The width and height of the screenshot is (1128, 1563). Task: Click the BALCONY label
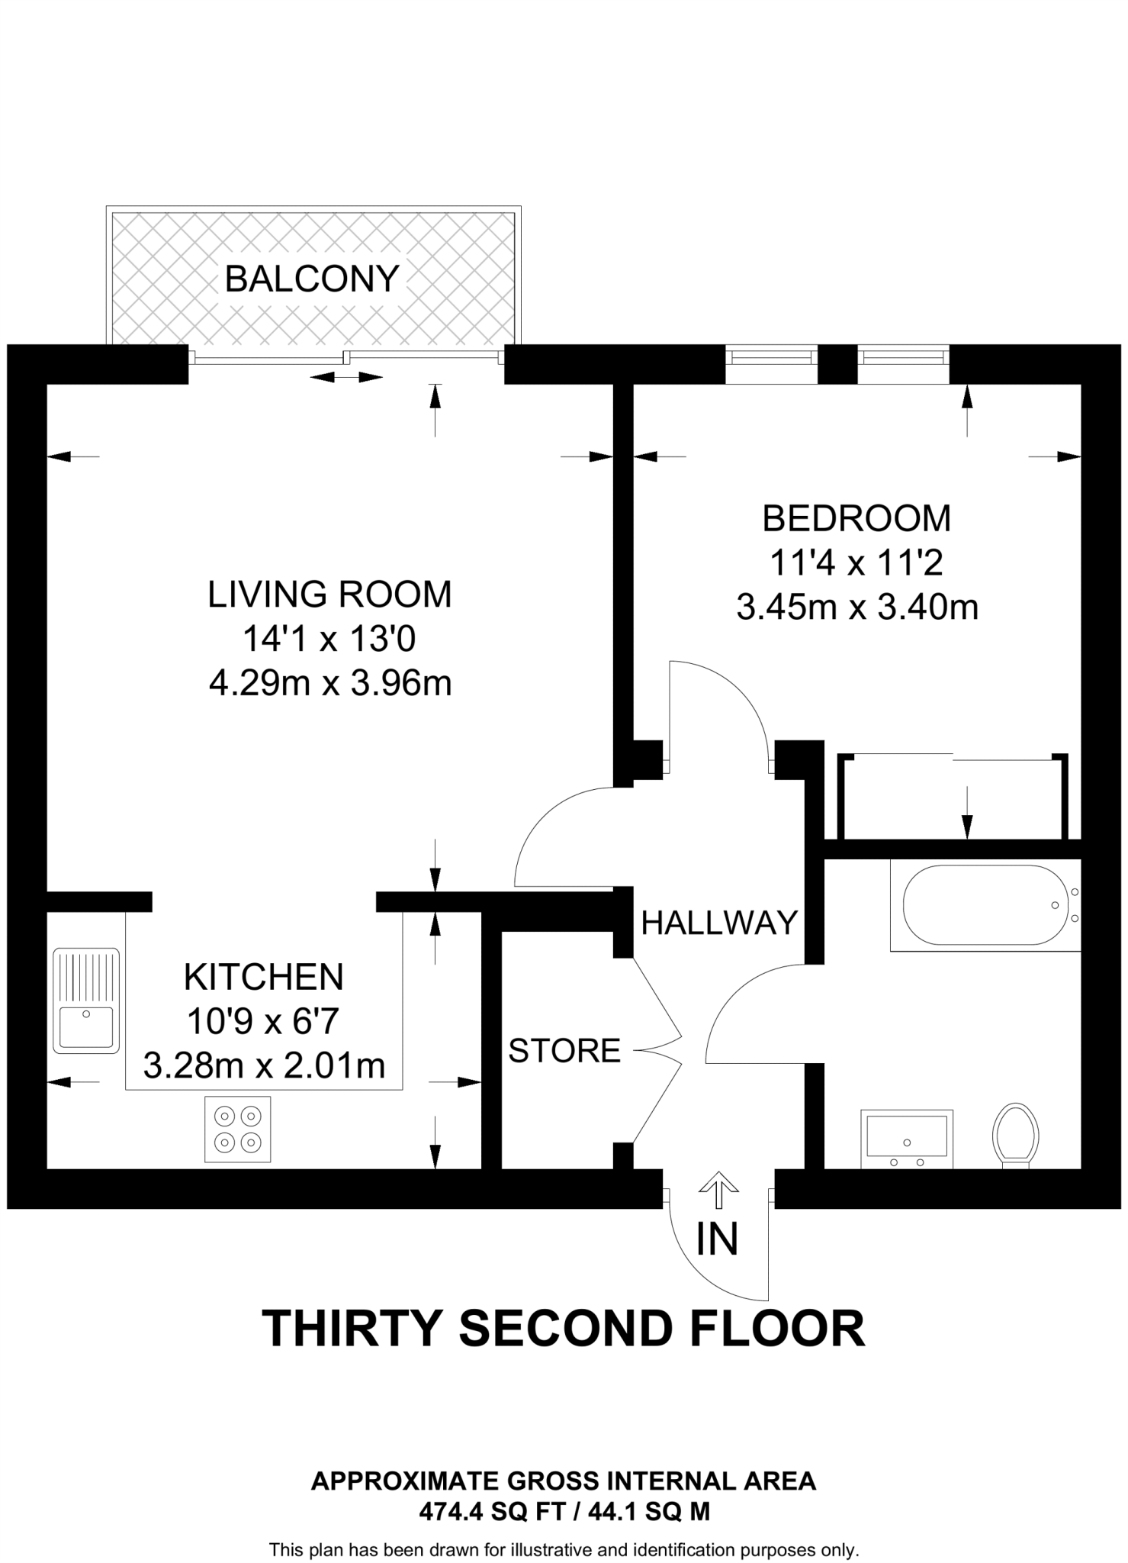[312, 279]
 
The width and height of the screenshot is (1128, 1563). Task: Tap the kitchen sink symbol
[86, 1001]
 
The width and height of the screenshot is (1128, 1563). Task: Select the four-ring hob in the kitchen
[237, 1130]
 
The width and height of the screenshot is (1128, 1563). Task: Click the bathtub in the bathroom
[985, 905]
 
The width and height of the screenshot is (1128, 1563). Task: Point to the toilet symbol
[1016, 1135]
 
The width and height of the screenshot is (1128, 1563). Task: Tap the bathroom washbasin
[907, 1137]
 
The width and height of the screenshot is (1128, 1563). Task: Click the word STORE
[564, 1051]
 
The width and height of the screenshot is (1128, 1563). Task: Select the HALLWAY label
[719, 923]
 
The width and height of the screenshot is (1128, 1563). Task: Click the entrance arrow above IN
[718, 1191]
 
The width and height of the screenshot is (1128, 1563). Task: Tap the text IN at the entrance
[717, 1240]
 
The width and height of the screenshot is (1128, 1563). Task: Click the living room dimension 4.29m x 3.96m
[330, 683]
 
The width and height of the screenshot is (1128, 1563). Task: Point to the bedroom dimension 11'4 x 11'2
[856, 563]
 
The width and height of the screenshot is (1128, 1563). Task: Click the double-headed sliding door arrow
[346, 377]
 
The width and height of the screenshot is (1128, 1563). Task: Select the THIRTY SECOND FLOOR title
[563, 1329]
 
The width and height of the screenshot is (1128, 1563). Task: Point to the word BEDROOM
[856, 519]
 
